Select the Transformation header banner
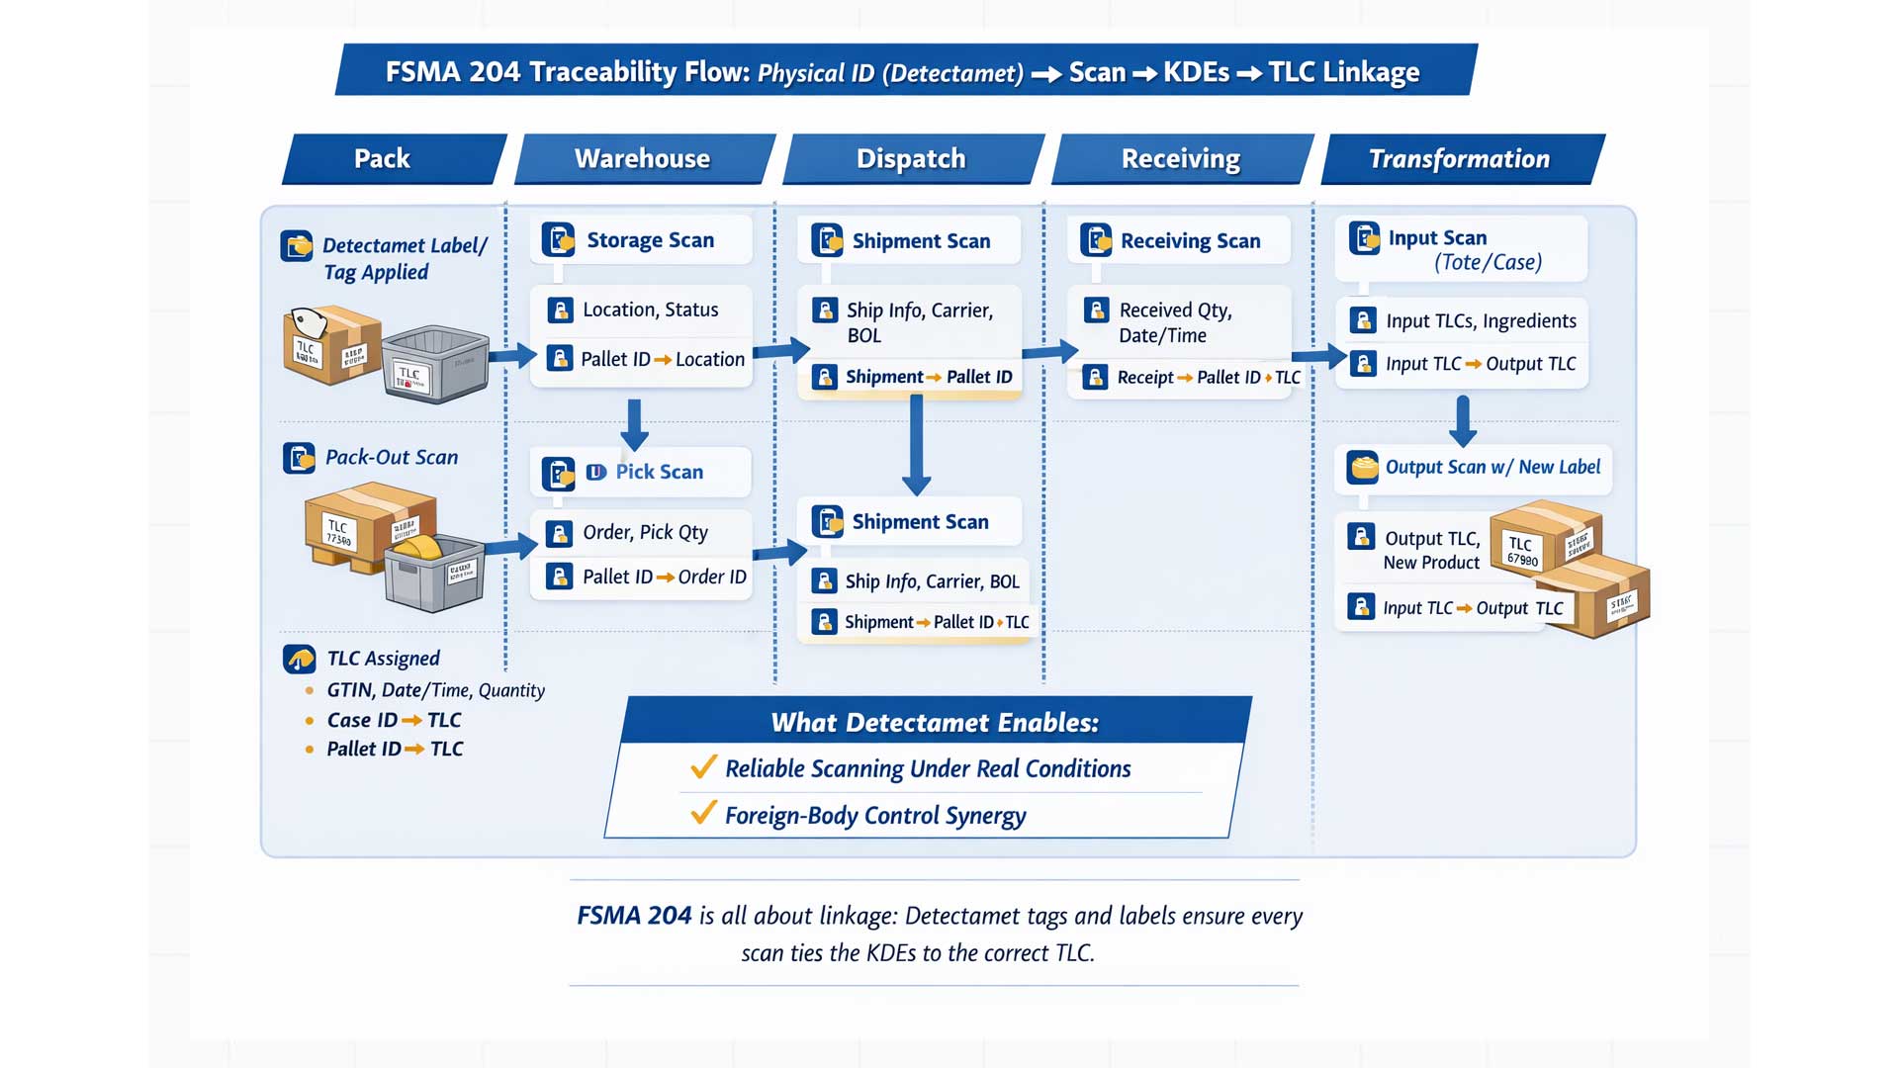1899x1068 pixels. click(1460, 159)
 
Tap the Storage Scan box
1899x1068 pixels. click(641, 240)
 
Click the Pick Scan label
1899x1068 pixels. click(659, 473)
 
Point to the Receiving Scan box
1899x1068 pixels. click(1179, 241)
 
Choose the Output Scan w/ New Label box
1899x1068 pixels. click(1474, 468)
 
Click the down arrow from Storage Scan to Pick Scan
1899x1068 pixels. click(634, 424)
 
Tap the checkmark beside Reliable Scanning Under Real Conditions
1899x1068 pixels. click(703, 767)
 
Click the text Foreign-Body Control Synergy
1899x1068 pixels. click(874, 816)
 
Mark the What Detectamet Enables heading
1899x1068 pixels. click(935, 723)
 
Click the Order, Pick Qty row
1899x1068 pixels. click(644, 533)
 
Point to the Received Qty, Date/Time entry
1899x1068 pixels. click(1174, 322)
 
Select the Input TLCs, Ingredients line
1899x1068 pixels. click(1480, 321)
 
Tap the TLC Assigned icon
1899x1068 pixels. click(299, 659)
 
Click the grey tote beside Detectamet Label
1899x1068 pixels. click(435, 363)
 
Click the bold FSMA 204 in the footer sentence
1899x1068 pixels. click(634, 916)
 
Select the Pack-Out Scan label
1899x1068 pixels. click(391, 458)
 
